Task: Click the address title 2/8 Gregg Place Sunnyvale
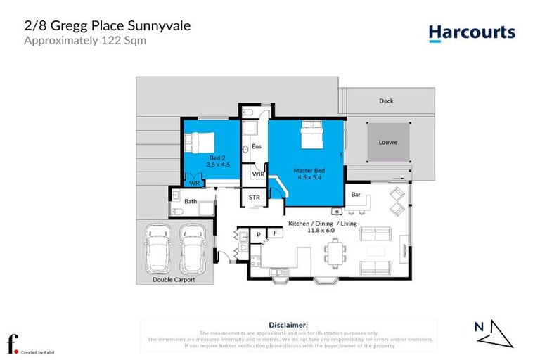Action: pyautogui.click(x=108, y=26)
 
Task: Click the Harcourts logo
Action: pyautogui.click(x=472, y=32)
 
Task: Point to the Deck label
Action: pyautogui.click(x=386, y=101)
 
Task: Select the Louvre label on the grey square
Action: pyautogui.click(x=387, y=142)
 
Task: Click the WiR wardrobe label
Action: pyautogui.click(x=257, y=174)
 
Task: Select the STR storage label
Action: pyautogui.click(x=255, y=198)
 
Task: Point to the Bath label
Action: pyautogui.click(x=190, y=202)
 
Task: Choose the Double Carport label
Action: pyautogui.click(x=174, y=279)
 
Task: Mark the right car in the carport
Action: pyautogui.click(x=191, y=249)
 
